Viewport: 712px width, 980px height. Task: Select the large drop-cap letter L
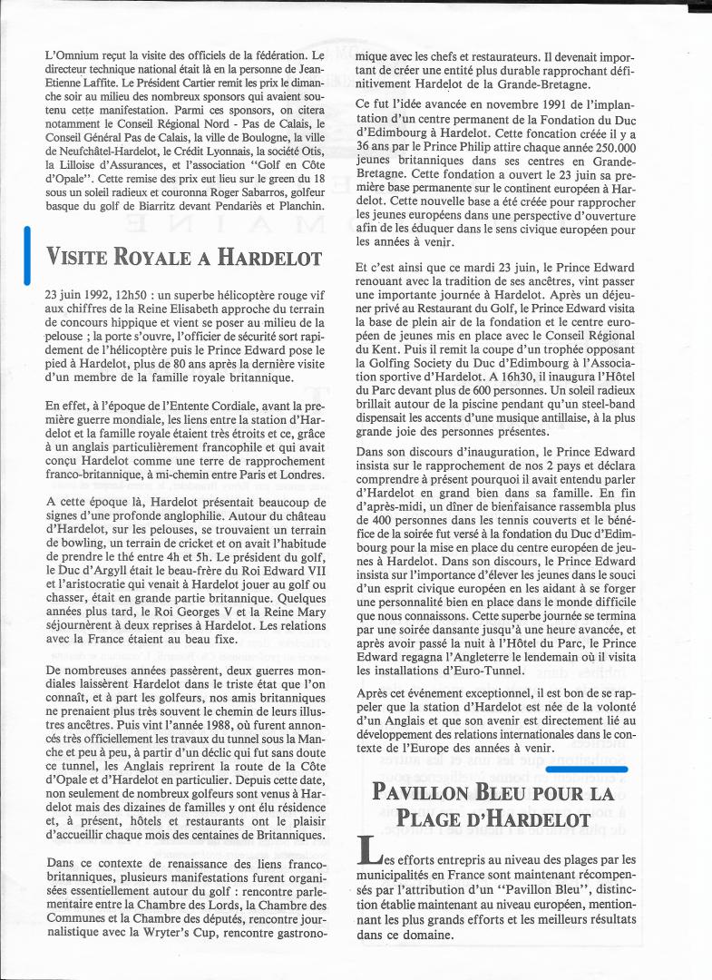pyautogui.click(x=368, y=854)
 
